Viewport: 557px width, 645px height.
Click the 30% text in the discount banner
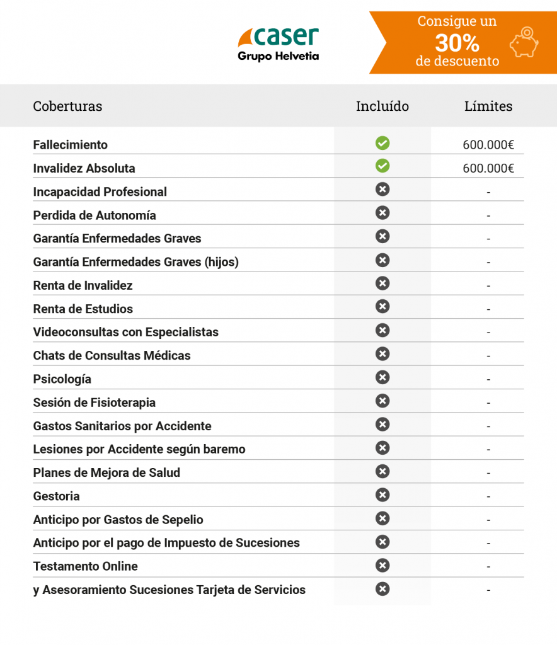[457, 42]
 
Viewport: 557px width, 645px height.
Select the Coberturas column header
[67, 106]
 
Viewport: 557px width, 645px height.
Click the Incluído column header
[382, 106]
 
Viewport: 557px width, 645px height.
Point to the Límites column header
[488, 106]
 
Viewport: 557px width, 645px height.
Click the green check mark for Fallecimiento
[382, 143]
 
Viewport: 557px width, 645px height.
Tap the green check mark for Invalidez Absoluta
[382, 166]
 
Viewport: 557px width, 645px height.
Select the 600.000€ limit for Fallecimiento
[488, 145]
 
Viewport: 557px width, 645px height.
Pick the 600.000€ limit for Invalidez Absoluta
[488, 168]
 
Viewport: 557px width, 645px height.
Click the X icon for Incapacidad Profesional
[382, 190]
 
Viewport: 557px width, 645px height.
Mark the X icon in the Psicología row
[382, 377]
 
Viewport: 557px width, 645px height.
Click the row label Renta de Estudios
[83, 309]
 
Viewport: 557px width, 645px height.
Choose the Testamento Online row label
[85, 566]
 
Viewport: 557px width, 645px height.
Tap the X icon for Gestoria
[382, 494]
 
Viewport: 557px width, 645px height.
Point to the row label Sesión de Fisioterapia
[94, 402]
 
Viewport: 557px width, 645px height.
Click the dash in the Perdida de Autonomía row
[488, 215]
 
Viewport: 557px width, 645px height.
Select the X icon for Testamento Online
[382, 565]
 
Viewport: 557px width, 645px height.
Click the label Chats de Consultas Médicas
[112, 355]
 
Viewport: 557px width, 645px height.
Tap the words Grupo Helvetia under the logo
[278, 56]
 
